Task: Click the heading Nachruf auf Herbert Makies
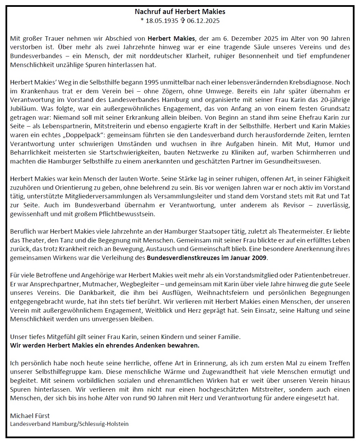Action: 180,12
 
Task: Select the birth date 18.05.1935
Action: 162,21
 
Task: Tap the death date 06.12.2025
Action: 203,21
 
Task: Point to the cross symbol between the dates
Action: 183,21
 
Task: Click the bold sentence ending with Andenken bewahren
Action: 105,345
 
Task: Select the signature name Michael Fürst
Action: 30,416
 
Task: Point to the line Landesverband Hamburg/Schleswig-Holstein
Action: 69,424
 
